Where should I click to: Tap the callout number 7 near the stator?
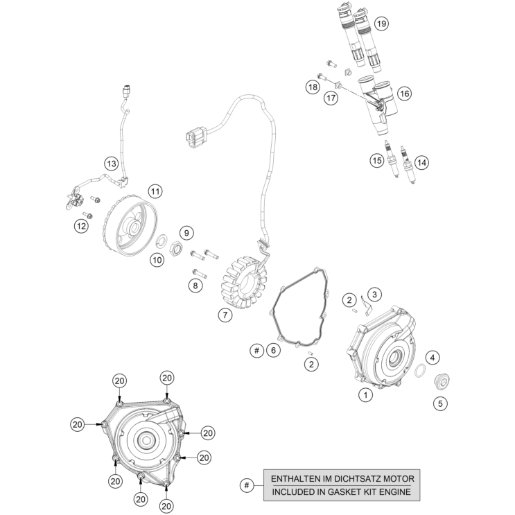(224, 315)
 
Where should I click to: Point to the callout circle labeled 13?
(112, 164)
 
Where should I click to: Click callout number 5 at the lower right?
(439, 403)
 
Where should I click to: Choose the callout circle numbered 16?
(404, 93)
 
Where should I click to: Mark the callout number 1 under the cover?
(365, 395)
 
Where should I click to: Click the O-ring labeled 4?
(420, 372)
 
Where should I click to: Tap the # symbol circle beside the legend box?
(245, 486)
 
